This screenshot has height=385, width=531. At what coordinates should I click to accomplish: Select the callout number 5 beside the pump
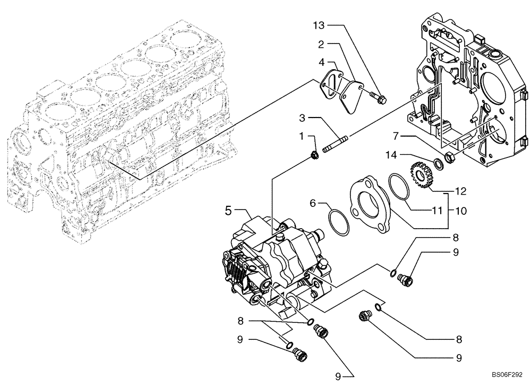pos(228,211)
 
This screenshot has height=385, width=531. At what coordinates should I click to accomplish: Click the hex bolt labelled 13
pos(378,97)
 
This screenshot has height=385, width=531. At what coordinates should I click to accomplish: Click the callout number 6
pos(313,203)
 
